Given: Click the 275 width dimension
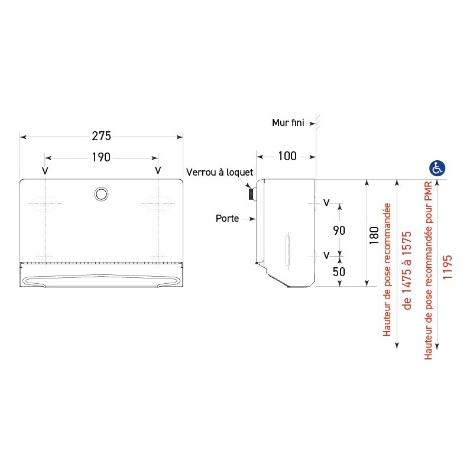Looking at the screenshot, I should pos(101,136).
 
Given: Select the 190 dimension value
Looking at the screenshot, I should pos(101,157).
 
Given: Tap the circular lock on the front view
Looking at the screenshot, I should pos(101,193).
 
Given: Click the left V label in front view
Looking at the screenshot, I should pos(45,170).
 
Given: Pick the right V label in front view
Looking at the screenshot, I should pos(157,170).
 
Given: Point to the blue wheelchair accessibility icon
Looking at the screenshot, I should pos(437,168).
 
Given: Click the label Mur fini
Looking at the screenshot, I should pos(287,122).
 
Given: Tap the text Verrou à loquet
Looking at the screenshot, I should pos(219,172).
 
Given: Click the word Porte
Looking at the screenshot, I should pos(227,218).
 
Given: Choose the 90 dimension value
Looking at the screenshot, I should pos(339,231).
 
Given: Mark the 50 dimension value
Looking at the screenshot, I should pos(339,272).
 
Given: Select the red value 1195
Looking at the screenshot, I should pos(448,267).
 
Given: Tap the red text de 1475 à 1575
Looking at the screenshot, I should pos(406,271).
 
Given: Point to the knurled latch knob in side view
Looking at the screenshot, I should pos(251,194).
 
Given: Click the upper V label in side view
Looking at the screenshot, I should pos(326,203).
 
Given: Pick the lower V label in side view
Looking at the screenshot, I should pos(326,255).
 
